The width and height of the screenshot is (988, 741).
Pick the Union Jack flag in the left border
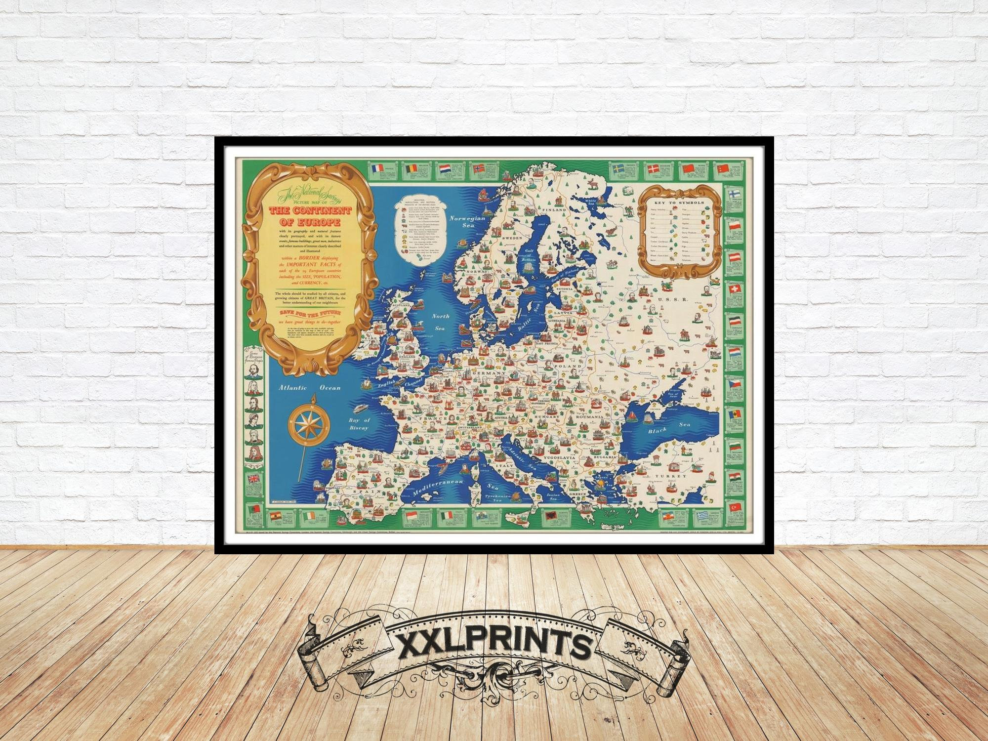[255, 479]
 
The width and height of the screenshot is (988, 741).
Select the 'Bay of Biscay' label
[359, 423]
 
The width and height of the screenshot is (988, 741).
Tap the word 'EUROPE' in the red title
[304, 228]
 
